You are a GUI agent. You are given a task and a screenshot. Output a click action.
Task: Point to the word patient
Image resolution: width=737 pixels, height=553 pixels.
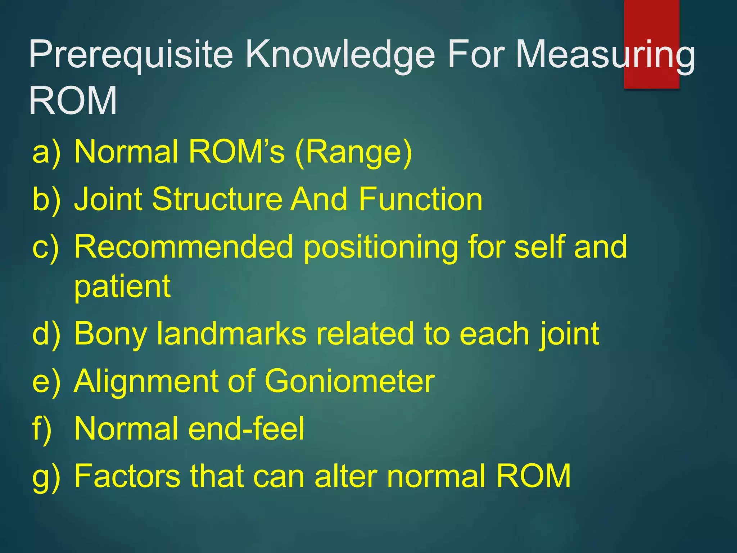[122, 287]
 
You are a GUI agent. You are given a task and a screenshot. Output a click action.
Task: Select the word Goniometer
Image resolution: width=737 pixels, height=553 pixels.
[350, 382]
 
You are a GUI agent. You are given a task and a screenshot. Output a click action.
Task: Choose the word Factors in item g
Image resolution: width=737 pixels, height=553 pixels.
[127, 476]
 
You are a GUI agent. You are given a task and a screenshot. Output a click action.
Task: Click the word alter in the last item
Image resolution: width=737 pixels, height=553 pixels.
[346, 476]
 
